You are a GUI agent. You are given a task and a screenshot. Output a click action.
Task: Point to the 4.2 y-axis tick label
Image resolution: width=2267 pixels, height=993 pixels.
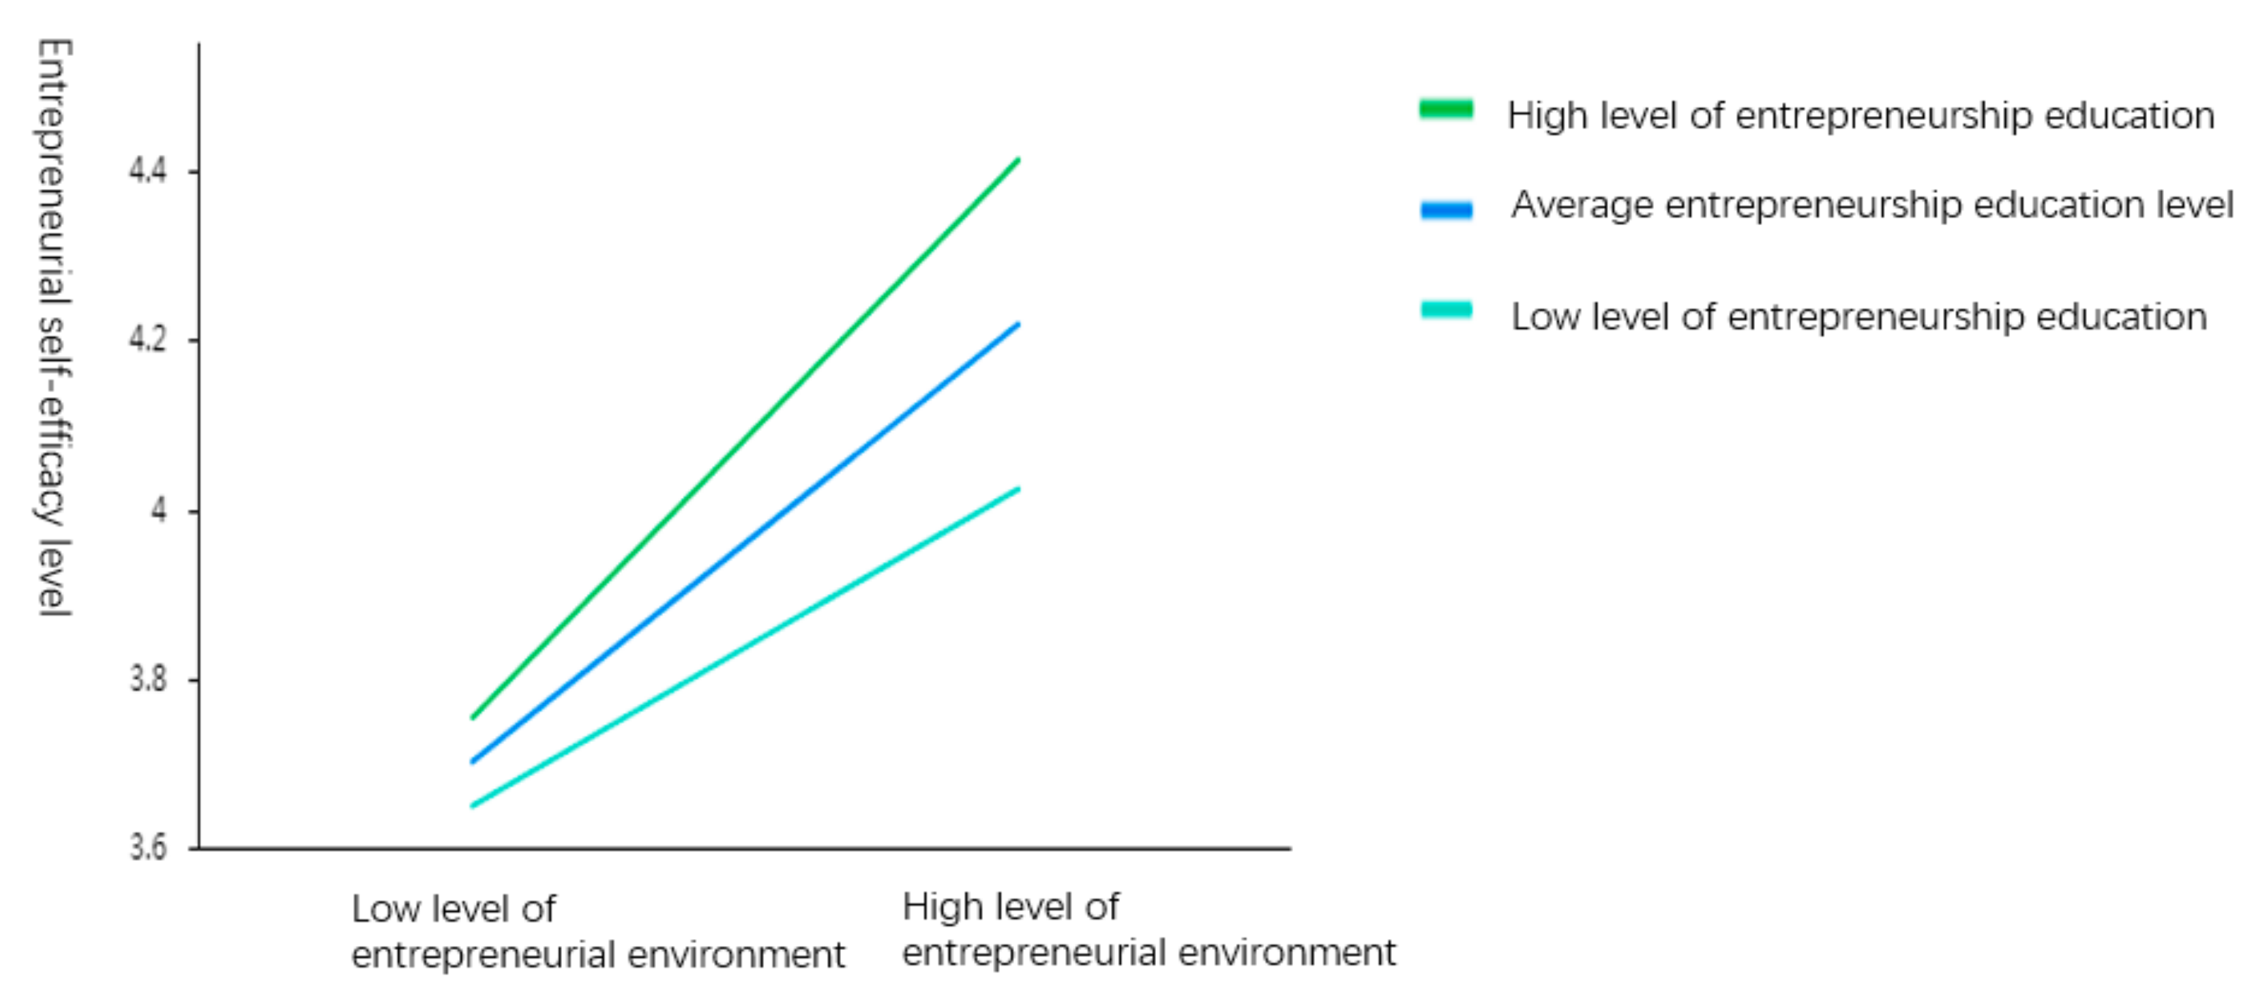[x=147, y=339]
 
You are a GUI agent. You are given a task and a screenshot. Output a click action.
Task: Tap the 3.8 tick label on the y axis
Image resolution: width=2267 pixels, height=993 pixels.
[x=147, y=679]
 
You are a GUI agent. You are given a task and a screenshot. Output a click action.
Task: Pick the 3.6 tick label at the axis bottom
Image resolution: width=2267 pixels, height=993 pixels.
[x=147, y=847]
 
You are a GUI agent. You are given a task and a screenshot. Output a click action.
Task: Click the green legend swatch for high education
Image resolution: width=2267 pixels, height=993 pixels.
[x=1446, y=109]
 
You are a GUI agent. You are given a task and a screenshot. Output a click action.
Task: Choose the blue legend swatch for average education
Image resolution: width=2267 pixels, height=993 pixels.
[x=1446, y=209]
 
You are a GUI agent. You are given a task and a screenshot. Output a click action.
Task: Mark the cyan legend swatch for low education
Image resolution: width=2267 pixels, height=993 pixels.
[x=1446, y=310]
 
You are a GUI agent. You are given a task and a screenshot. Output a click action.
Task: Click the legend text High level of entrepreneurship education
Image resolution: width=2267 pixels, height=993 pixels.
[x=1861, y=116]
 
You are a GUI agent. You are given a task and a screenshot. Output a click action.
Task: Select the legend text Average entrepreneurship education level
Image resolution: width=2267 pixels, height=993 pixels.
[x=1872, y=205]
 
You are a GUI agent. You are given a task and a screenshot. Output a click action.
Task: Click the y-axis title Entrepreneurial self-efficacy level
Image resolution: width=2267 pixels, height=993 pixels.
[x=53, y=327]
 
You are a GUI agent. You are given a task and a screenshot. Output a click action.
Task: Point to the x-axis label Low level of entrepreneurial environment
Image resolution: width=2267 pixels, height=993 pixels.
[x=597, y=932]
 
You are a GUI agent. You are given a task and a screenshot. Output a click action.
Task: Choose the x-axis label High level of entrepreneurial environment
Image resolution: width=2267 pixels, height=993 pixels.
[x=1148, y=930]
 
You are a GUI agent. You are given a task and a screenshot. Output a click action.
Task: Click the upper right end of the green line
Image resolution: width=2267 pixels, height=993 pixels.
[x=1018, y=160]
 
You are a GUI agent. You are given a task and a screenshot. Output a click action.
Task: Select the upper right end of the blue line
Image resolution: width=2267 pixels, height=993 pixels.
[x=1018, y=324]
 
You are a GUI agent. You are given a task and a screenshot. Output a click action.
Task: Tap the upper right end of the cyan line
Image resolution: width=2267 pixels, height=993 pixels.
[x=1018, y=488]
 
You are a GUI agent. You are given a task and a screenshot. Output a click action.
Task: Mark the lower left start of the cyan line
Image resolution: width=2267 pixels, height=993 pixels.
[x=473, y=805]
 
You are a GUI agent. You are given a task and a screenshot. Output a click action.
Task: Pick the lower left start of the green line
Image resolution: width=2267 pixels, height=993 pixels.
[x=473, y=717]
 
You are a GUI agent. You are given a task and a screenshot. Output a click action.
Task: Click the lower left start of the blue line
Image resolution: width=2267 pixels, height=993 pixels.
[x=473, y=762]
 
